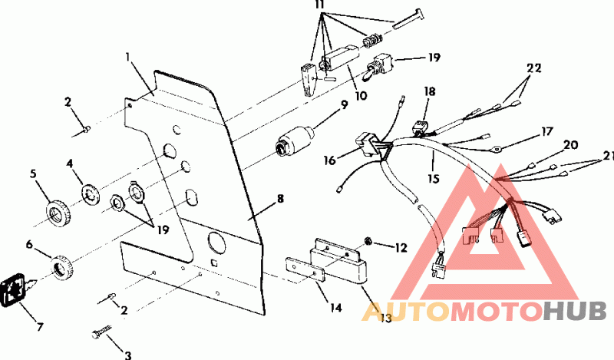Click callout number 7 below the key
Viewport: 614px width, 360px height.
[x=39, y=327]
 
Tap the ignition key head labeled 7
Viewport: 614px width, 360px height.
[x=16, y=290]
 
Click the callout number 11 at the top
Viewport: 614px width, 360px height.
[x=320, y=5]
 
